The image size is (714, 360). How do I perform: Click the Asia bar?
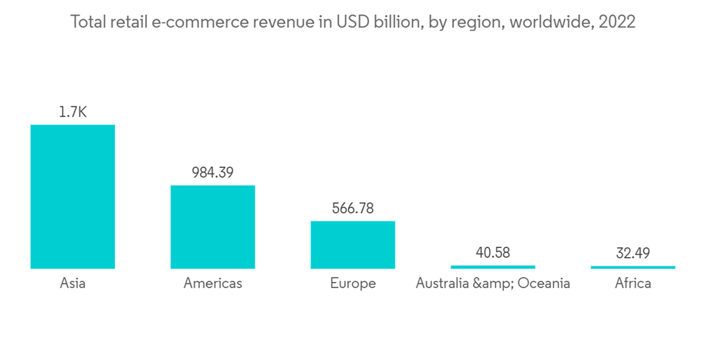(x=72, y=196)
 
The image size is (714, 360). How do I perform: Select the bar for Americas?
(x=212, y=226)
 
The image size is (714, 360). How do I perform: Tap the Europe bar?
(x=352, y=244)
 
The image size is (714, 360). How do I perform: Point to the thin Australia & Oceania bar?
(x=493, y=267)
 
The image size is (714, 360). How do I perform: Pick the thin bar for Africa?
(x=633, y=267)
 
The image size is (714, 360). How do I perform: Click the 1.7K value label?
(x=72, y=112)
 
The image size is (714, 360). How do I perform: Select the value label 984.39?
(x=212, y=172)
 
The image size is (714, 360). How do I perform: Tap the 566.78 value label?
(x=353, y=208)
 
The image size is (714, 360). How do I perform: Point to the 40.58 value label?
(x=493, y=252)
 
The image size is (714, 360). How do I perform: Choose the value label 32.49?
(x=633, y=252)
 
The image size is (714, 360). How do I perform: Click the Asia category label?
(x=72, y=284)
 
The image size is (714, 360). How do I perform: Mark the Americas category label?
(x=213, y=284)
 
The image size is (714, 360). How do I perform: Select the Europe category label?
(x=353, y=284)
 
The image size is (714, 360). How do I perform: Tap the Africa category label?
(x=633, y=284)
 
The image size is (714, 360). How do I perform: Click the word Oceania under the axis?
(x=544, y=284)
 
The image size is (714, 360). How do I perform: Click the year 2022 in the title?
(x=618, y=22)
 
